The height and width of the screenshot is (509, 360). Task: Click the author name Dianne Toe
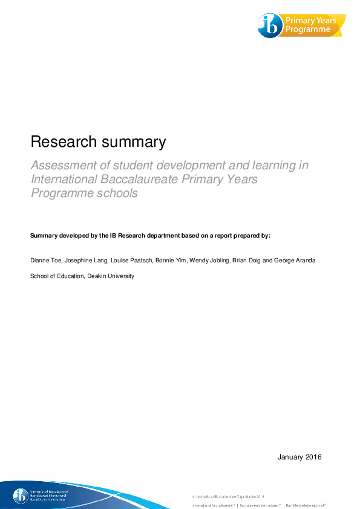44,261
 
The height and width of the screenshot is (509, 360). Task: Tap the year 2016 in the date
312,456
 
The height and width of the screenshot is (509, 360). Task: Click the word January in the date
289,456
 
